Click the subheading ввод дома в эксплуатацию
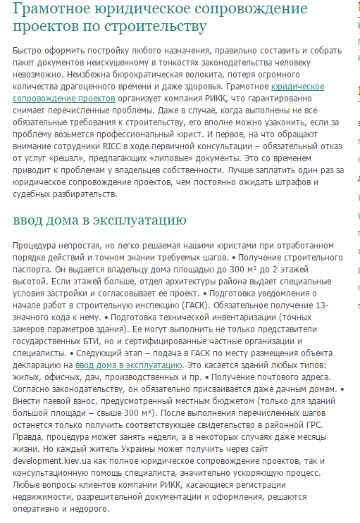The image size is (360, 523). (x=99, y=220)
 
